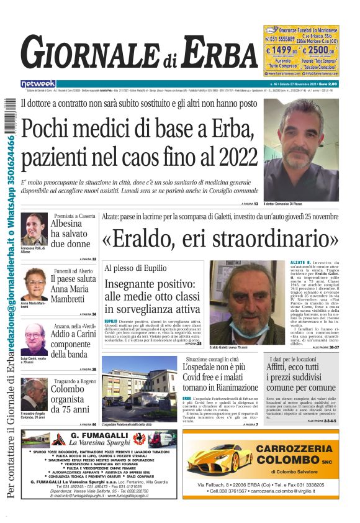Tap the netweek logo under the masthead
coord(38,84)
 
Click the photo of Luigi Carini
coord(34,339)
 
